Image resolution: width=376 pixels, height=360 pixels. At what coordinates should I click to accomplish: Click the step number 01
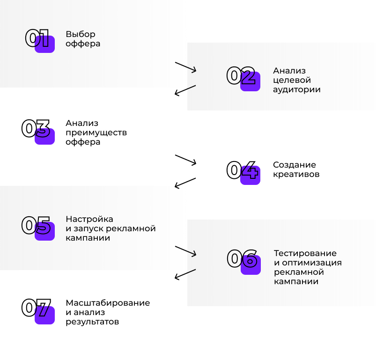click(37, 38)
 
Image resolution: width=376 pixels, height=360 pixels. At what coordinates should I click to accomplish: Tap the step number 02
click(241, 75)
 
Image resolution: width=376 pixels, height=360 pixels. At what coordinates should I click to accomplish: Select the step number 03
click(36, 128)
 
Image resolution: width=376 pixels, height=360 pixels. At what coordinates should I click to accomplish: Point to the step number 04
click(243, 170)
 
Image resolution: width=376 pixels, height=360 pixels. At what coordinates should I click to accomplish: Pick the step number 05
click(36, 225)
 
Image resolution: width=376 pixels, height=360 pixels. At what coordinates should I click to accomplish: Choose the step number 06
click(242, 258)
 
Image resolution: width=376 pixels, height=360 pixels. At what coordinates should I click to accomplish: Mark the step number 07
click(36, 308)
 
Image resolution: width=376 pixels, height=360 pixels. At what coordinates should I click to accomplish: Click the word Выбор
click(81, 34)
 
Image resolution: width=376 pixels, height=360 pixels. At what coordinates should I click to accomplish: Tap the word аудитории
click(296, 89)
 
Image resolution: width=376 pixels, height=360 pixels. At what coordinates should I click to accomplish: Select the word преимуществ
click(96, 133)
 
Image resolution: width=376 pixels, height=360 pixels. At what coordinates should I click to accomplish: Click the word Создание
click(295, 165)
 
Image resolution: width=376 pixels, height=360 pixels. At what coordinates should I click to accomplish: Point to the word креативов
click(296, 174)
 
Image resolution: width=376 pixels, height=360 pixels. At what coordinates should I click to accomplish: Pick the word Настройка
click(89, 219)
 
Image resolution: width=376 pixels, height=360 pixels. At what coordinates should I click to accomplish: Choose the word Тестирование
click(305, 253)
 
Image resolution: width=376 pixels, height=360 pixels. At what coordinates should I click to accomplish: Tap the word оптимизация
click(312, 263)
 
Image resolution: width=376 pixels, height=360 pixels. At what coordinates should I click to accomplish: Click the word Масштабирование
click(108, 303)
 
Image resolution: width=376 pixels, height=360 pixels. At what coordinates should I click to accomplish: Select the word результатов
click(92, 322)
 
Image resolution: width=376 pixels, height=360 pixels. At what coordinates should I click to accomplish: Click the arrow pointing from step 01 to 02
click(185, 67)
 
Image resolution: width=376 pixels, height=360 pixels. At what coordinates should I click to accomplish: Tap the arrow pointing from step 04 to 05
click(185, 183)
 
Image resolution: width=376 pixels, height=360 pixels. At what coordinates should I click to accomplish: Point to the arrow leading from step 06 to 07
click(185, 274)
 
